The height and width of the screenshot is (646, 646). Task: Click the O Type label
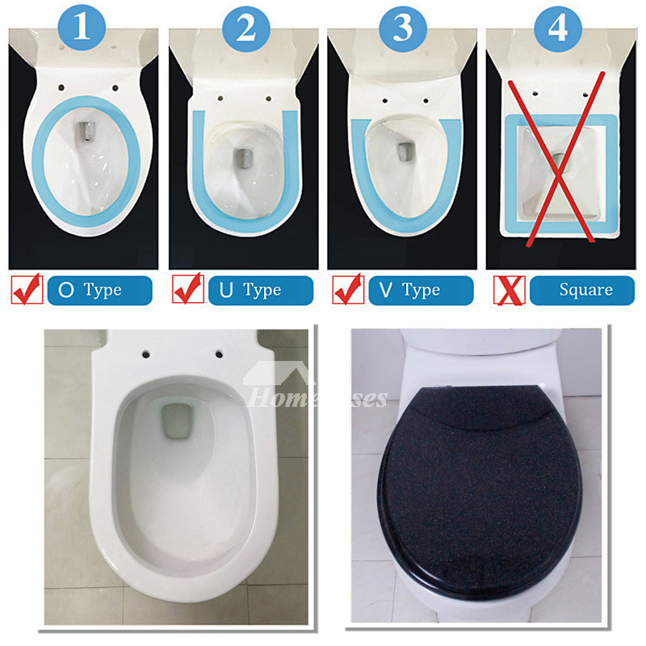pyautogui.click(x=99, y=290)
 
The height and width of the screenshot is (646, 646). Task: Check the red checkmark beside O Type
pyautogui.click(x=27, y=289)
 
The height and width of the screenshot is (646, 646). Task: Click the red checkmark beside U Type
pyautogui.click(x=187, y=289)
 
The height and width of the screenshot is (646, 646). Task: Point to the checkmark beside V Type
pyautogui.click(x=348, y=289)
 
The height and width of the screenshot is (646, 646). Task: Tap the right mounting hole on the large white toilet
pyautogui.click(x=219, y=354)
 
